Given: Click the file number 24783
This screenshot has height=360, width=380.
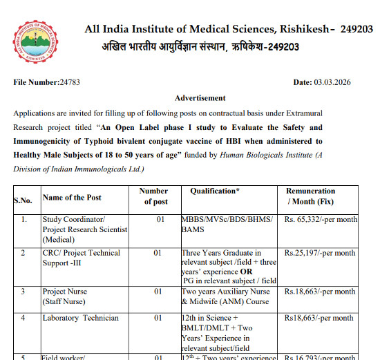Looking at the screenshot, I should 70,82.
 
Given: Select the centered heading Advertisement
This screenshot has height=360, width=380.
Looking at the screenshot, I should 200,98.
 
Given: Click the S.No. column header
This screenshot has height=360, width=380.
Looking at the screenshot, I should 23,201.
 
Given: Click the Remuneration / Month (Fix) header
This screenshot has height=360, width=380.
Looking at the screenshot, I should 310,196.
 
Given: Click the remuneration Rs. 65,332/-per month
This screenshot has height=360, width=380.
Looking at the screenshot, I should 321,220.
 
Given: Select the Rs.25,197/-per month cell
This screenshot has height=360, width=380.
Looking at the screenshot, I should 321,254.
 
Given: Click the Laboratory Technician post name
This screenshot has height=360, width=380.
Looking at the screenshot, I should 80,318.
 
